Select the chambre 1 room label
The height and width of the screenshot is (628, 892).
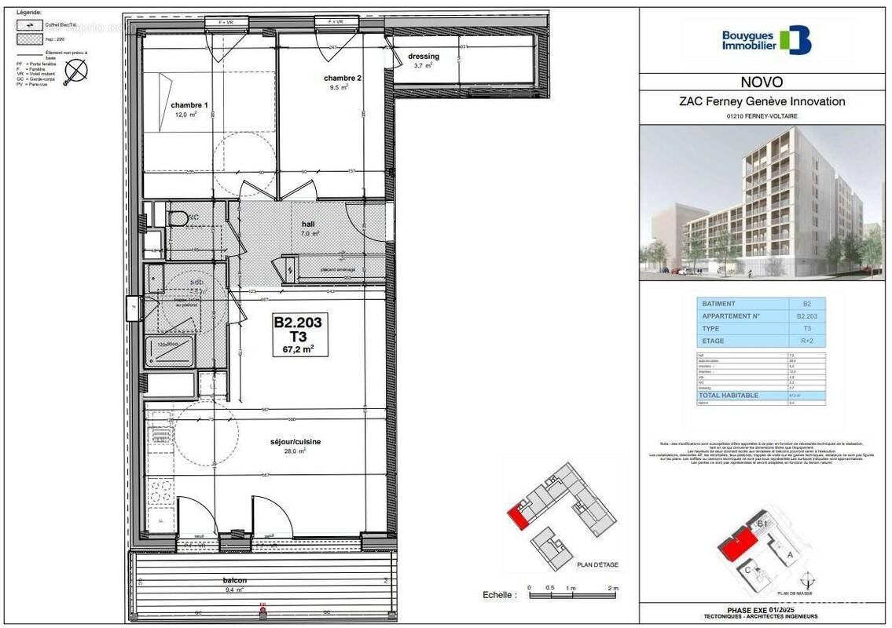pyautogui.click(x=189, y=105)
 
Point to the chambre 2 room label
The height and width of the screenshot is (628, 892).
pyautogui.click(x=343, y=78)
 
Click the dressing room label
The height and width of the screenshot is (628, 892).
pyautogui.click(x=424, y=57)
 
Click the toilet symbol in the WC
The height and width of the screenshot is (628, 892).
pyautogui.click(x=176, y=216)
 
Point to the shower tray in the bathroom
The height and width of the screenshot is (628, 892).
pyautogui.click(x=170, y=351)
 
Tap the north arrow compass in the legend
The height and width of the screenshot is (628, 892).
pyautogui.click(x=76, y=71)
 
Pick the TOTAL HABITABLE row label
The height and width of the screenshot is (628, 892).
pyautogui.click(x=728, y=395)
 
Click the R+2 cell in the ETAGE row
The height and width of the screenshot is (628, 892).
pyautogui.click(x=807, y=341)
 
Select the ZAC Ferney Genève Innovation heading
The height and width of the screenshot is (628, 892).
pyautogui.click(x=762, y=101)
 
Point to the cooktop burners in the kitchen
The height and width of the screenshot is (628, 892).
pyautogui.click(x=160, y=491)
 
